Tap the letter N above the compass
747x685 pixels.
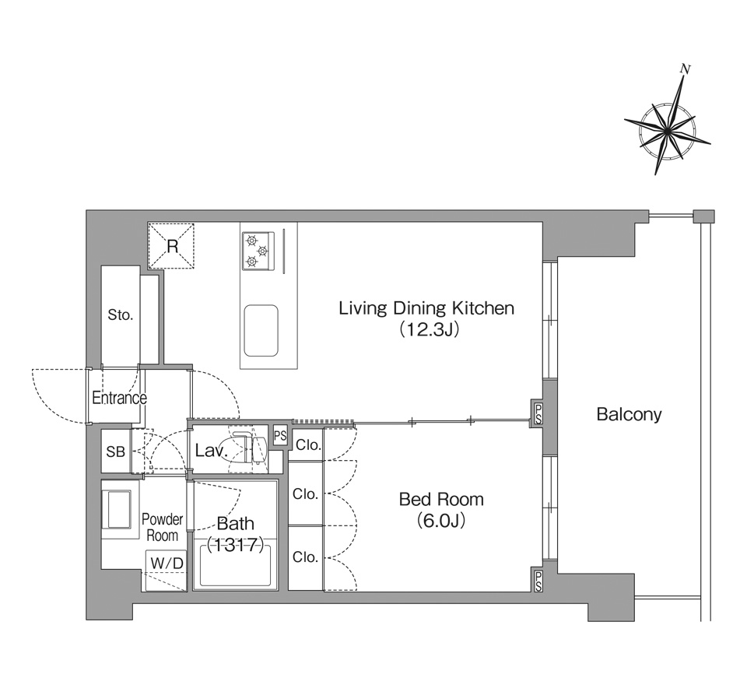coord(686,69)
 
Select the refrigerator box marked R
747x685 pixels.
coord(171,247)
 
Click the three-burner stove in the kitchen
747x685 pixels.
coord(258,250)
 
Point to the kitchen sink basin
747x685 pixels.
coord(261,331)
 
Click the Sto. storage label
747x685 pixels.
coord(120,314)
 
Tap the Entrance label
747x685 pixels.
coord(119,398)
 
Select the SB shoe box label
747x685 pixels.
coord(116,451)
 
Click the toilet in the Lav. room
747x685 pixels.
coord(249,449)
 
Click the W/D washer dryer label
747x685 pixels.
coord(167,563)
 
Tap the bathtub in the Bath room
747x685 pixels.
coord(235,566)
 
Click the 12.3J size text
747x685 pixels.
coord(429,329)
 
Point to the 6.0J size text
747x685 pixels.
coord(441,521)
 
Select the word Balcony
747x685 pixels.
coord(629,414)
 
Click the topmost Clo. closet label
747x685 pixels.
coord(308,445)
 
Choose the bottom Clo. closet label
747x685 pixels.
coord(305,557)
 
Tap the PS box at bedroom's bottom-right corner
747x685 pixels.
coord(538,581)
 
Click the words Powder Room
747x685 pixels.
coord(162,527)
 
